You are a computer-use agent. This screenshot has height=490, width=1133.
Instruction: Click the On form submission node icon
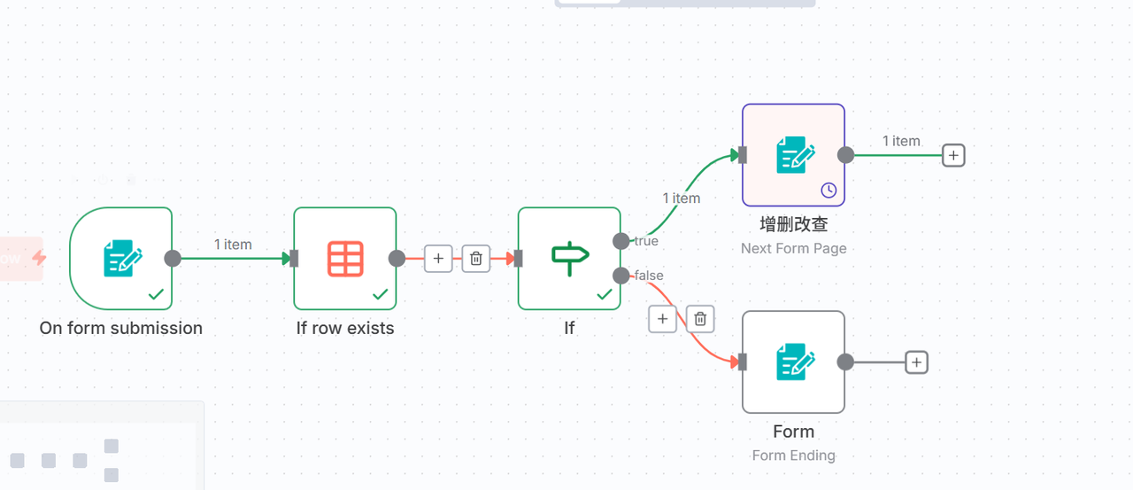pos(121,258)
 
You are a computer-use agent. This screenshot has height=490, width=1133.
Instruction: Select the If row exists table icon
pos(345,258)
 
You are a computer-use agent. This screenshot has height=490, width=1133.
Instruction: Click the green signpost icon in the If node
pos(569,258)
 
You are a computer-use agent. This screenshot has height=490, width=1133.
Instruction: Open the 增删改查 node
pos(793,154)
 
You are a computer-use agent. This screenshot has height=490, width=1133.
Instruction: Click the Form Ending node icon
pos(793,362)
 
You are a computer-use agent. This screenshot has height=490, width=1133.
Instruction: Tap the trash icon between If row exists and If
pos(476,259)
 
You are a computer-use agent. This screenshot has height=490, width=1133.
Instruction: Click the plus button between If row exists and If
pos(438,259)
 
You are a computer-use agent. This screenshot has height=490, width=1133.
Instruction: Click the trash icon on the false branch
pos(700,319)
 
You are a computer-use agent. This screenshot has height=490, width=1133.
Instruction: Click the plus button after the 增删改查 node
pos(953,155)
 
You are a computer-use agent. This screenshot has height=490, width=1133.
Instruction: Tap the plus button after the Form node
pos(917,362)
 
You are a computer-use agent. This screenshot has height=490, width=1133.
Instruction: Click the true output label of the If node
pos(646,241)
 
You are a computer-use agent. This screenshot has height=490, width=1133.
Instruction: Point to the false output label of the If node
pos(649,276)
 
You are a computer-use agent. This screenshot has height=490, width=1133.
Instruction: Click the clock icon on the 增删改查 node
pos(829,190)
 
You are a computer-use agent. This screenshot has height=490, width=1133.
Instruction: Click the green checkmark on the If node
pos(605,294)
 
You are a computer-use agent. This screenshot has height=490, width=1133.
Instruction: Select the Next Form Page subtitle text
pos(793,248)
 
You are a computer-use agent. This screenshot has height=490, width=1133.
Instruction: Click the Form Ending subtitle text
pos(793,455)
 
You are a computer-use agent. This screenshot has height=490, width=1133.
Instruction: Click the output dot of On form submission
pos(173,259)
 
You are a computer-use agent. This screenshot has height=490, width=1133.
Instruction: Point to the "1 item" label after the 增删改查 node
pos(901,141)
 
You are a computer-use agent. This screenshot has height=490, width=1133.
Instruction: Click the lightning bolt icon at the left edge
pos(39,258)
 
